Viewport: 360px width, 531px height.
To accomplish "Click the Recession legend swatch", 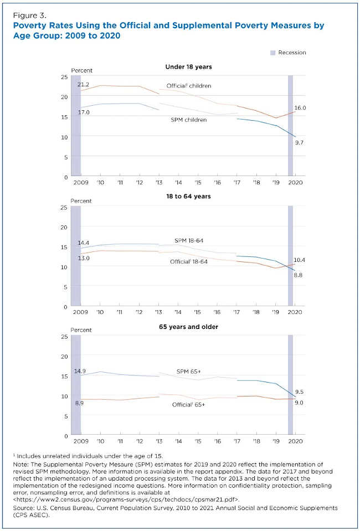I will point(272,53).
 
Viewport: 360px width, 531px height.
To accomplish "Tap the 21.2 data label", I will point(84,84).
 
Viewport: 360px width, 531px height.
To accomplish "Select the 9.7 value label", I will point(300,143).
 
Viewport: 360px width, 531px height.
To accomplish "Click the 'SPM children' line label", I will point(188,120).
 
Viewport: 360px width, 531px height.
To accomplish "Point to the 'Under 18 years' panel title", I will point(188,67).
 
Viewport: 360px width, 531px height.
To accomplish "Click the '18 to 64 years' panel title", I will point(188,196).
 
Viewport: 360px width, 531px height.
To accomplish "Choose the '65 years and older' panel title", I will point(188,327).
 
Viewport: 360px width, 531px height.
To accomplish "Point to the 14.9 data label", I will point(80,371).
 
